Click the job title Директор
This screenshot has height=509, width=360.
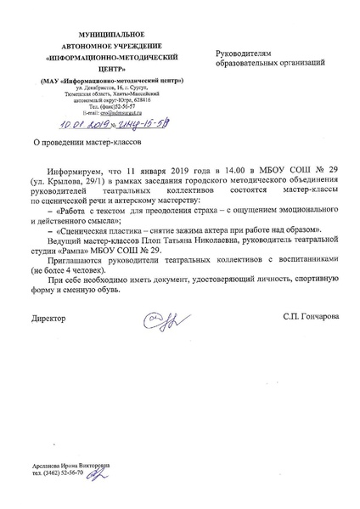click(x=48, y=317)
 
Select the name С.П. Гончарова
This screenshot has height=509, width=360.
click(x=312, y=317)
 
